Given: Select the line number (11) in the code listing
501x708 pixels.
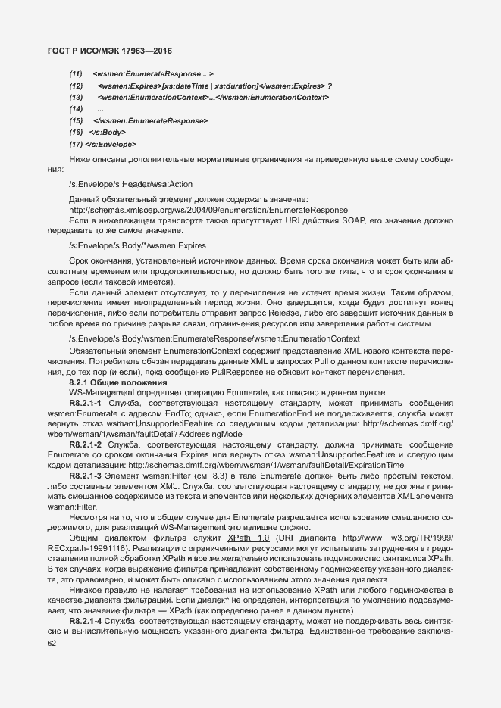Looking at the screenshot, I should tap(76, 73).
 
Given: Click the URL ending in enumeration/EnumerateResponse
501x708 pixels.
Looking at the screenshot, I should tap(208, 210).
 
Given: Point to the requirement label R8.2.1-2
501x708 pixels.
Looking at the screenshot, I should tap(86, 444).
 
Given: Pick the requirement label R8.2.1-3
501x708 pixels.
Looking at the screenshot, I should tap(86, 474).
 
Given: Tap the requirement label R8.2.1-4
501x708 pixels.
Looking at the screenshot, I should tap(86, 620).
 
